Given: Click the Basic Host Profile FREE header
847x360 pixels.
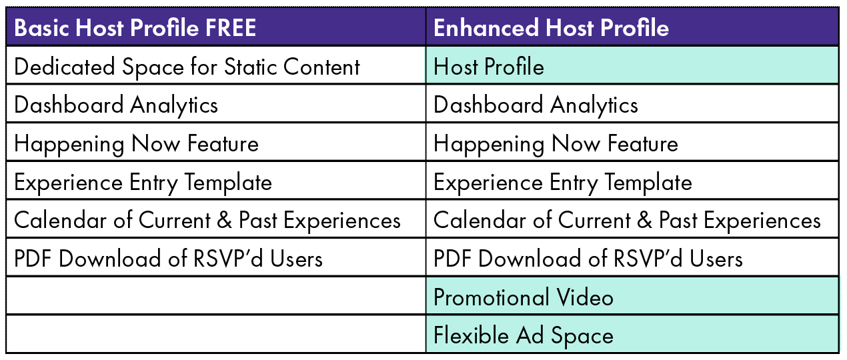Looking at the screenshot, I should [x=135, y=28].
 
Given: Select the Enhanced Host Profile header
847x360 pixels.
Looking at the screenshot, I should [x=551, y=28].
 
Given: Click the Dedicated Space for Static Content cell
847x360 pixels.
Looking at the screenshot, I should [x=187, y=67].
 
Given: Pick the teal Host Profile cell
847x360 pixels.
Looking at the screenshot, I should [x=489, y=67].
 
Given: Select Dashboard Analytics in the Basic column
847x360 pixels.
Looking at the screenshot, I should [x=116, y=105].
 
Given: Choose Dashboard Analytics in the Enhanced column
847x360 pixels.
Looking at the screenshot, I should [x=536, y=105].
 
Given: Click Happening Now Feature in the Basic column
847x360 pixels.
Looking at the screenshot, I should [x=136, y=143].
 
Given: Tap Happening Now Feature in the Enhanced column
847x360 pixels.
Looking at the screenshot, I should [x=556, y=143].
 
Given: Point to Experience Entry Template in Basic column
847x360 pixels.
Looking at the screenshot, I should [x=143, y=182].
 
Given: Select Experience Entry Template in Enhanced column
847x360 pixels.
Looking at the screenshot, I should [x=562, y=182].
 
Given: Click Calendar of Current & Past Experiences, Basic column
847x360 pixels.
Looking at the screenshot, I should [x=207, y=220].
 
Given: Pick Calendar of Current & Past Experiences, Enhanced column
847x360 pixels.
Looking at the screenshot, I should [x=627, y=220].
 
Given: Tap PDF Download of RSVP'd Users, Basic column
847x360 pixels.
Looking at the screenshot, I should [x=168, y=258].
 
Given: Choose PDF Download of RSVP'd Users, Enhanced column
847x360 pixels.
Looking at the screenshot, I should [x=588, y=258].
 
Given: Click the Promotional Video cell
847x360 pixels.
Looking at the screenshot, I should [x=523, y=297].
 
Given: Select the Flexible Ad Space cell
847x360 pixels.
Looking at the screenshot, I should [x=523, y=335].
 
